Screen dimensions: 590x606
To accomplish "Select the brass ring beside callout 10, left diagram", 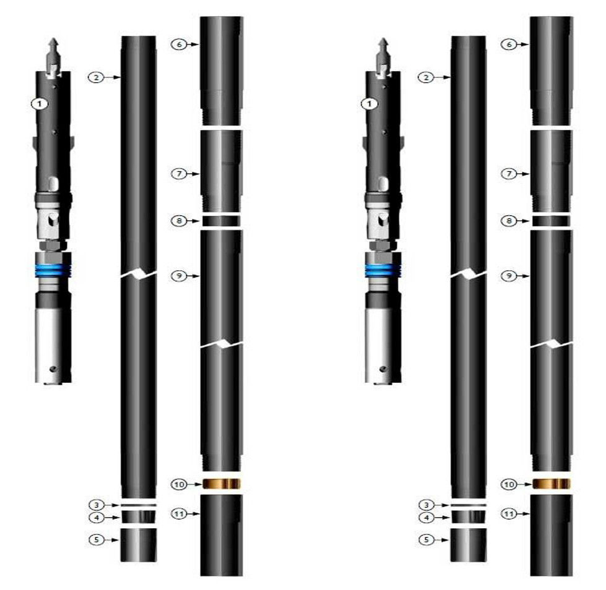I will (221, 484).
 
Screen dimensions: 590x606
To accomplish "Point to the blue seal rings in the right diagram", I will (383, 270).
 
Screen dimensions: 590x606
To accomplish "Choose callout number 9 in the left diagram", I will (178, 276).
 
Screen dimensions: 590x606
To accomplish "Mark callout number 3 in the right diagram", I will (425, 505).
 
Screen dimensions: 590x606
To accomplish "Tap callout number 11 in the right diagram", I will (508, 513).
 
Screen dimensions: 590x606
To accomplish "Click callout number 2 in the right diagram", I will (425, 77).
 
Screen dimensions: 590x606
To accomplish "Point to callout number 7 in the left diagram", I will (178, 174).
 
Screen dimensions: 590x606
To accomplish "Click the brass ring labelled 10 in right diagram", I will (551, 484).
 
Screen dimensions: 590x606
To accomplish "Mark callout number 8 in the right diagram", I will (508, 220).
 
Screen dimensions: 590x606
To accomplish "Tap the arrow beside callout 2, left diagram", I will (112, 77).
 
